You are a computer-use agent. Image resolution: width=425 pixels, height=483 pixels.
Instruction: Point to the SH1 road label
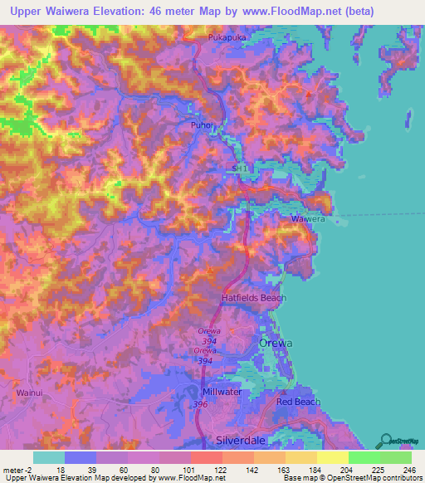click(x=240, y=168)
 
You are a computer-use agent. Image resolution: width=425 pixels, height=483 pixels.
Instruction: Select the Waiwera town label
click(x=307, y=219)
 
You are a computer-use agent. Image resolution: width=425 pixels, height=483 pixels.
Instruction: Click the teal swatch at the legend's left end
click(x=48, y=457)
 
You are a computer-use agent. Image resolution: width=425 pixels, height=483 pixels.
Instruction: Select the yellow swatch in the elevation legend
click(x=332, y=457)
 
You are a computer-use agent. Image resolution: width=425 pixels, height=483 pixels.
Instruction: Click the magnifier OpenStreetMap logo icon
click(x=383, y=438)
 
